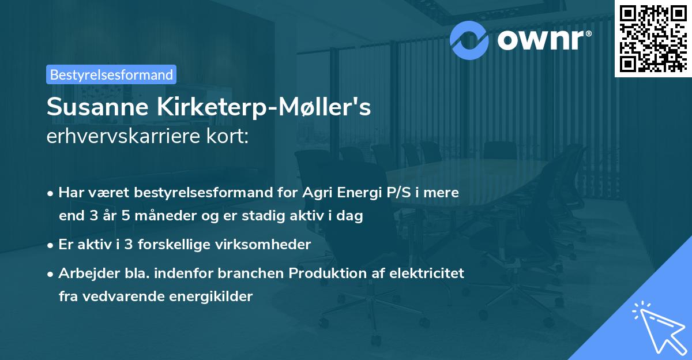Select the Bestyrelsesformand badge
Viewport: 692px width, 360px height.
(111, 74)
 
